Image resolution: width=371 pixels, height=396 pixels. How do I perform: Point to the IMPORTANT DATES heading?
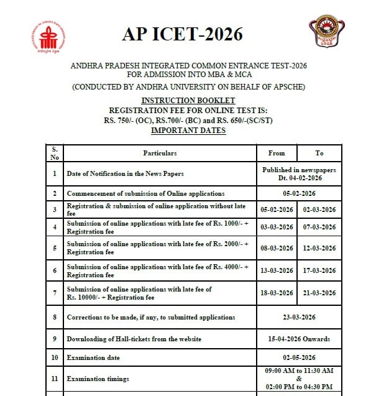(188, 131)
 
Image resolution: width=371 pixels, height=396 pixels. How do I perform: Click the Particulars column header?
(160, 153)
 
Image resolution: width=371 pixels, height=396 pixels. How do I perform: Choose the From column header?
(277, 153)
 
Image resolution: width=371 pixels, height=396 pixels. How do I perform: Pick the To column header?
(319, 153)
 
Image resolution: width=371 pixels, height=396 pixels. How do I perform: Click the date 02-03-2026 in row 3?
(320, 210)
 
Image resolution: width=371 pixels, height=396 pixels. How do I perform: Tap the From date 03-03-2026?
(277, 228)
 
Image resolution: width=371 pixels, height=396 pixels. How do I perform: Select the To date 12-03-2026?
(320, 248)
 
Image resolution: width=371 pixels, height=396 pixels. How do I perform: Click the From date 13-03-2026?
(277, 270)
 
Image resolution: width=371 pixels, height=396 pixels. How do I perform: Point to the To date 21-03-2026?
(320, 293)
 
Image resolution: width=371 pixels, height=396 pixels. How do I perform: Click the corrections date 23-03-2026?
(298, 317)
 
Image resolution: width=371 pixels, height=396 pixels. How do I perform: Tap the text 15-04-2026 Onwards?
(298, 339)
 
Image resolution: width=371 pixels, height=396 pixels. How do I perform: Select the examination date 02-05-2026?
(298, 358)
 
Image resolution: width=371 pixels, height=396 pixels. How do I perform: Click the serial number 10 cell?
(55, 358)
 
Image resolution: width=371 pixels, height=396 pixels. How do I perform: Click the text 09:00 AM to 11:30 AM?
(298, 371)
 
